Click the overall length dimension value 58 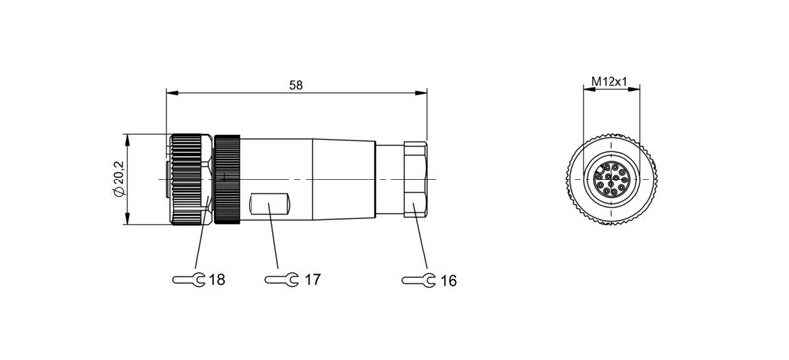(x=295, y=86)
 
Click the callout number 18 (x=217, y=281)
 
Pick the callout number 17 (x=312, y=281)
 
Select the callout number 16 (x=448, y=281)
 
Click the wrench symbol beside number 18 (x=189, y=281)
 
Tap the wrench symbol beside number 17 (x=284, y=281)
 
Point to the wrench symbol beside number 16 (x=420, y=281)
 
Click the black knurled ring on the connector (x=229, y=179)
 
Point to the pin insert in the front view (x=611, y=179)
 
